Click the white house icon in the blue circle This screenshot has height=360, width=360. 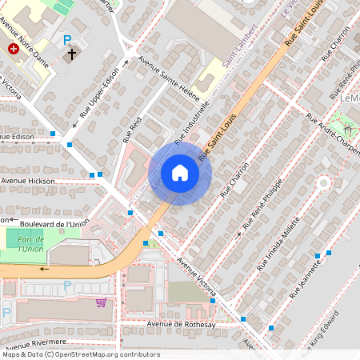pos(180,173)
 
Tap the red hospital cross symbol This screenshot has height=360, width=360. pos(14,49)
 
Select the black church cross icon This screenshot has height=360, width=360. pos(72,54)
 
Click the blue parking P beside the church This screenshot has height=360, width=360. pos(67,39)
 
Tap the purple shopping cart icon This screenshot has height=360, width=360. pos(102,302)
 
